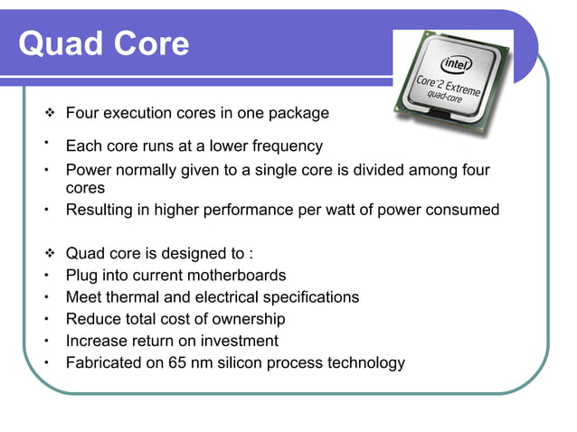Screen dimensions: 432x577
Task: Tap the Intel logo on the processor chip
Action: point(455,64)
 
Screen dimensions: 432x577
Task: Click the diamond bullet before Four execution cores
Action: point(52,114)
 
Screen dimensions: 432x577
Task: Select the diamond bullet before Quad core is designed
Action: point(52,254)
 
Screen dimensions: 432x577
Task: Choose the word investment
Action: point(237,341)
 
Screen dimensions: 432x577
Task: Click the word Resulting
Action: point(100,210)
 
